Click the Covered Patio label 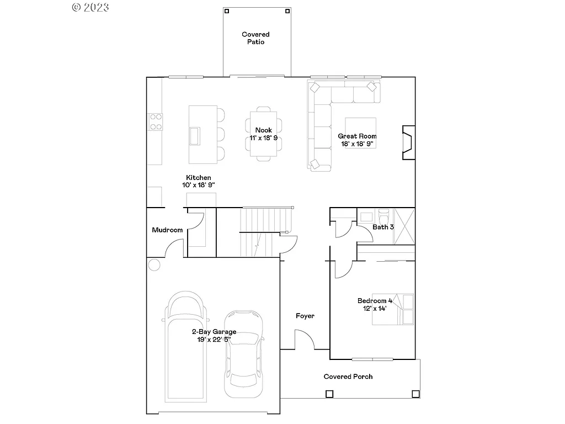255,38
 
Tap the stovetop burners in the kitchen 156,121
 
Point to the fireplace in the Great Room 408,143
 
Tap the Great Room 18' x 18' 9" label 357,140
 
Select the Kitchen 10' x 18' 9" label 198,181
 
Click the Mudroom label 167,230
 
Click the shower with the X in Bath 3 404,226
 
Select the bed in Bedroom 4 393,309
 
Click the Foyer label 305,316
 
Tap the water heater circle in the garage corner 154,264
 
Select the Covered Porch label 348,377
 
